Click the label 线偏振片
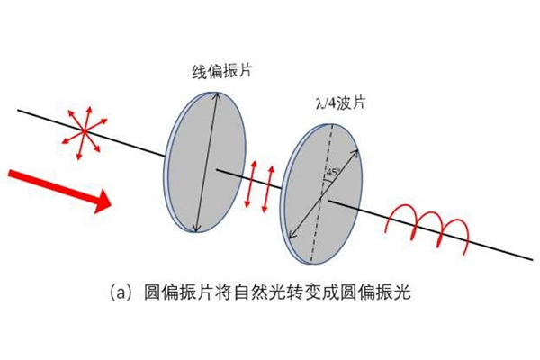point(221,71)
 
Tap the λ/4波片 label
point(340,103)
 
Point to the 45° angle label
point(333,172)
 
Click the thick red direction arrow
point(59,191)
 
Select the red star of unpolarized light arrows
point(85,132)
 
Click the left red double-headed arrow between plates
point(250,184)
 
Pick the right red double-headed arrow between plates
point(268,189)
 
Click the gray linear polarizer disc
point(205,162)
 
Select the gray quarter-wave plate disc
point(323,194)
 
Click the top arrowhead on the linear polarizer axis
point(217,95)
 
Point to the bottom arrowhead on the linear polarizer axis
point(195,228)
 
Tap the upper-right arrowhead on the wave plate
point(355,153)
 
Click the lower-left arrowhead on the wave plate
point(292,235)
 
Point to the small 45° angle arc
point(330,179)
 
